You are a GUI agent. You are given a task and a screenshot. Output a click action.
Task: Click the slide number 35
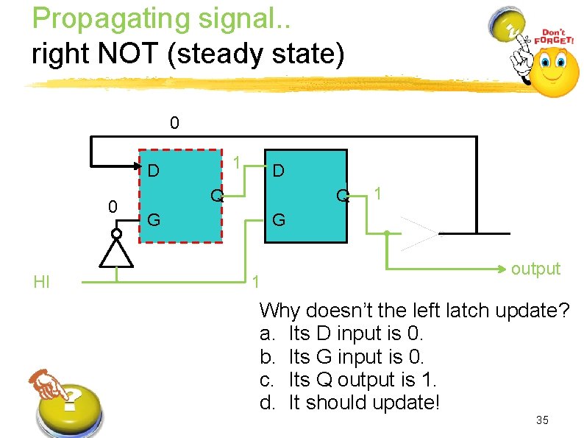(542, 420)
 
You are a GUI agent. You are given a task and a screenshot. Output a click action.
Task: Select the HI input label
(41, 282)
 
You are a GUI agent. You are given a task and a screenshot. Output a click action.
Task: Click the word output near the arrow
(535, 269)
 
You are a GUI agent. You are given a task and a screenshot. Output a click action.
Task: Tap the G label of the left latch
(154, 219)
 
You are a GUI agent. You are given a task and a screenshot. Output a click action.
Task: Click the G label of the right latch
(279, 219)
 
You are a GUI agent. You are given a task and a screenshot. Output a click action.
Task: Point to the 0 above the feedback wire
(174, 122)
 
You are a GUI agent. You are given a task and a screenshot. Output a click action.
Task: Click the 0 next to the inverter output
(113, 207)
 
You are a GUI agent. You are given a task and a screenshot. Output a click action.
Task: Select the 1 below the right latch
(255, 282)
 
